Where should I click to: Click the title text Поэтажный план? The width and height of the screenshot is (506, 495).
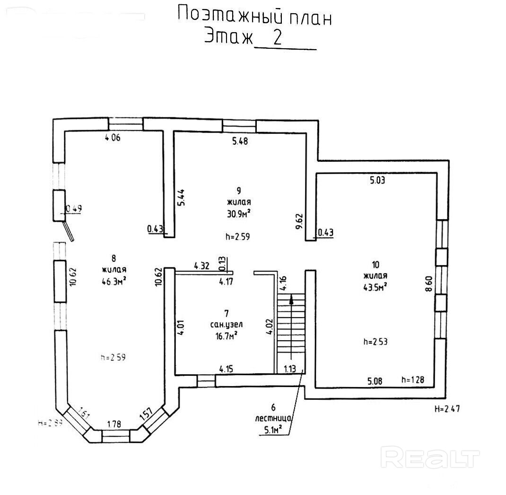[x=254, y=16]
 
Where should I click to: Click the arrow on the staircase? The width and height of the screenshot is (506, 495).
[x=291, y=300]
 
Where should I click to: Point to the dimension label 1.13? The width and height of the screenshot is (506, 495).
[x=290, y=369]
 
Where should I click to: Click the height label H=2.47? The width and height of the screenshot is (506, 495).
[x=447, y=409]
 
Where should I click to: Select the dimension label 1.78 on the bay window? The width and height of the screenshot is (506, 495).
[x=114, y=424]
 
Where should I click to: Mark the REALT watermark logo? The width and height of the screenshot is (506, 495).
[x=430, y=458]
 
